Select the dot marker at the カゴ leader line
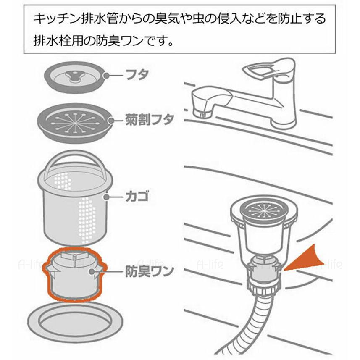coord(108,197)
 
